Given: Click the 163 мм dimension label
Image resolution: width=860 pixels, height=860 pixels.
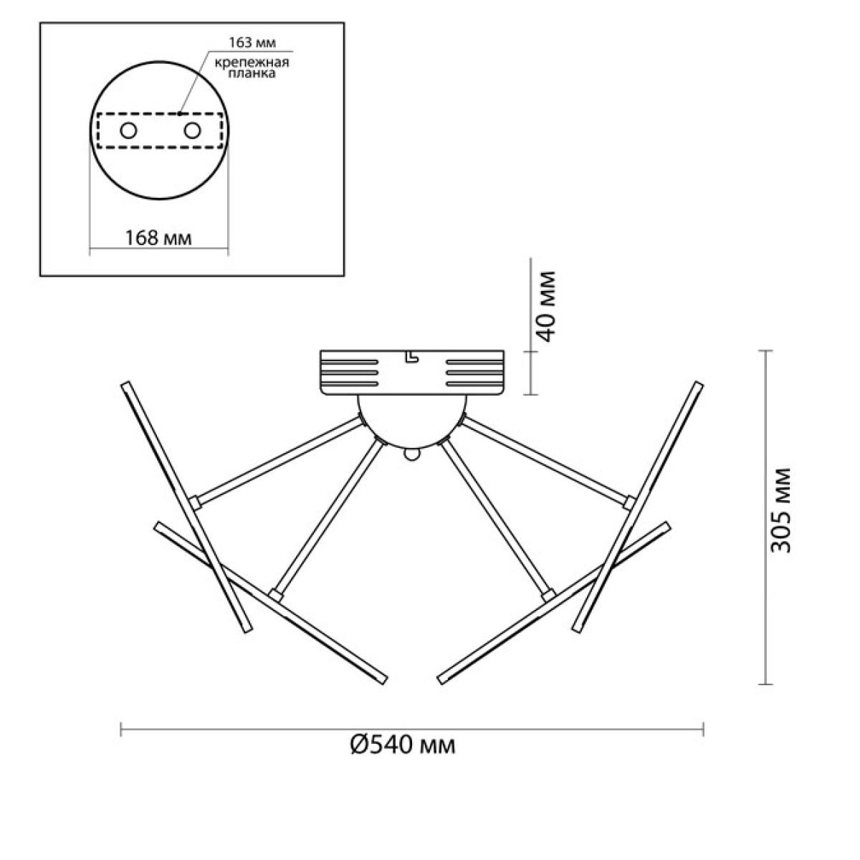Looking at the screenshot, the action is click(x=252, y=43).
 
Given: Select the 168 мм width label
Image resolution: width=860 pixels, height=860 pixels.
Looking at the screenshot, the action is click(x=158, y=238).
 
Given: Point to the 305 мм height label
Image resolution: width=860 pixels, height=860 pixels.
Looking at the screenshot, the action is click(x=780, y=510).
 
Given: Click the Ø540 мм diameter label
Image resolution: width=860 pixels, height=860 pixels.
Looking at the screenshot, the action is click(x=403, y=745).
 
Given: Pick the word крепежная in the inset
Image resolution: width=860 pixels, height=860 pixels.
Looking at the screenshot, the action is click(x=252, y=63).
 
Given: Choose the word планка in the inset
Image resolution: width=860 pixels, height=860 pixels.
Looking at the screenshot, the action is click(x=252, y=73).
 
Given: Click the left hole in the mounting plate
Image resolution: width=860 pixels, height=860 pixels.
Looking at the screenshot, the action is click(x=128, y=130).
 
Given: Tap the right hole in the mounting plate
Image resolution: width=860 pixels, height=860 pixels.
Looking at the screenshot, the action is click(x=192, y=130).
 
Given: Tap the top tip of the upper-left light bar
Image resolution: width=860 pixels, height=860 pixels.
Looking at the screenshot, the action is click(x=125, y=385).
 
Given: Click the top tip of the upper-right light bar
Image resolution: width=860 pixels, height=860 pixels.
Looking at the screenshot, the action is click(x=698, y=385).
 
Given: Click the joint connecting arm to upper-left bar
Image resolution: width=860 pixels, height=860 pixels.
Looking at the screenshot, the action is click(x=195, y=503).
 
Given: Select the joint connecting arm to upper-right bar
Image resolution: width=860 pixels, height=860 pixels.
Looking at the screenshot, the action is click(x=629, y=503).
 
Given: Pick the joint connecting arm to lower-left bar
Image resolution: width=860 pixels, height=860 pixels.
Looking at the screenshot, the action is click(x=276, y=596).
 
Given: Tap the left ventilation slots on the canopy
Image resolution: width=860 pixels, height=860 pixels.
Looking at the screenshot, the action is click(x=350, y=373).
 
